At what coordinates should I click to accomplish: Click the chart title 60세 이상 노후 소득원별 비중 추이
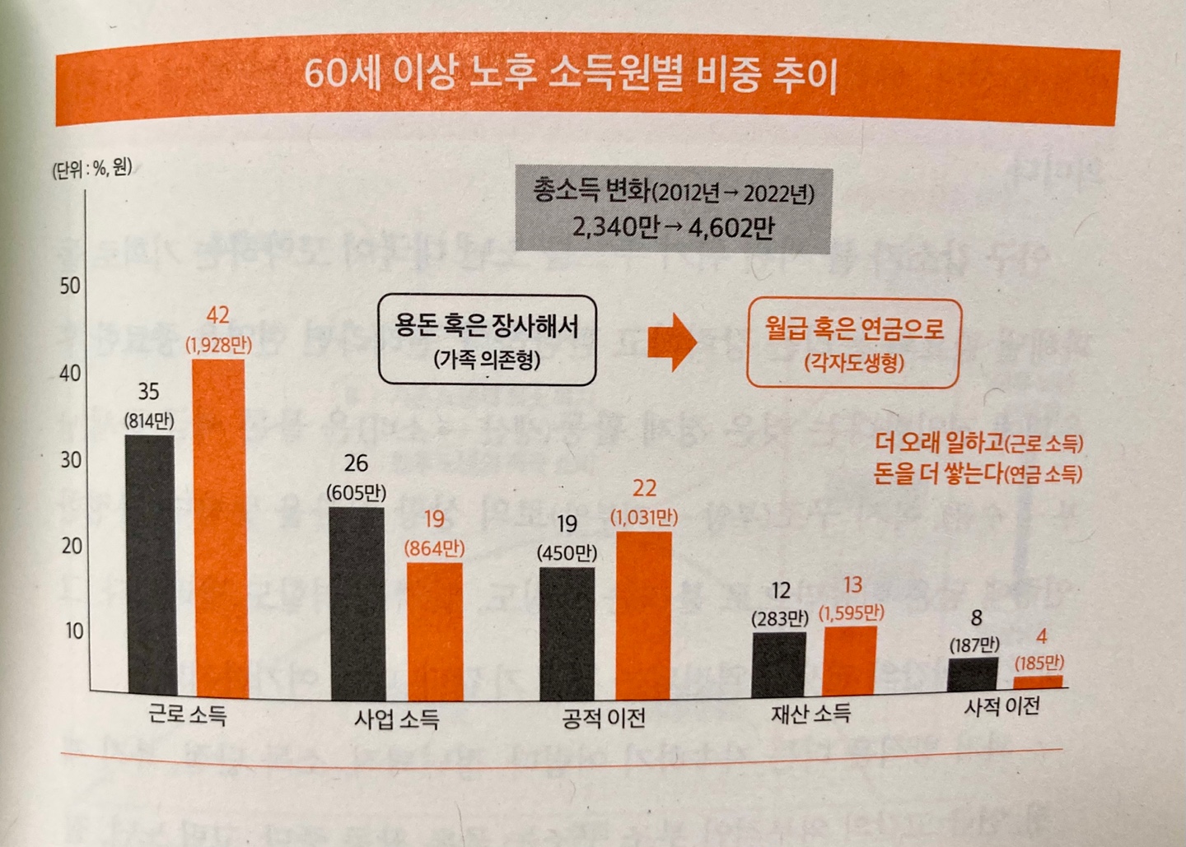click(571, 76)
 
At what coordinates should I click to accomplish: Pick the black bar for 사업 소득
click(356, 603)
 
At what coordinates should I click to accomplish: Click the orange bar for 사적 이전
click(1038, 682)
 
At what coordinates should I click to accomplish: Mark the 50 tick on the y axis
click(70, 286)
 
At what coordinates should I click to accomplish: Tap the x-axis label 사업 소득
click(397, 719)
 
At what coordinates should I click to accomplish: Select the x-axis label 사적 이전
click(1002, 706)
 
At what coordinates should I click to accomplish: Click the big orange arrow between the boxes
click(671, 341)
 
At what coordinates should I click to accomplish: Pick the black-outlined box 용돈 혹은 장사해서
click(487, 340)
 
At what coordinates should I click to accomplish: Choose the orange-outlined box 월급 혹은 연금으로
click(853, 342)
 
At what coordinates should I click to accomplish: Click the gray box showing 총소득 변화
click(673, 210)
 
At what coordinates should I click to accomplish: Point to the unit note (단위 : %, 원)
click(91, 170)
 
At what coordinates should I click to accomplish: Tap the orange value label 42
click(218, 315)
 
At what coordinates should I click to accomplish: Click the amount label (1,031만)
click(644, 518)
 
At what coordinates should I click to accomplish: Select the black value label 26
click(356, 463)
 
